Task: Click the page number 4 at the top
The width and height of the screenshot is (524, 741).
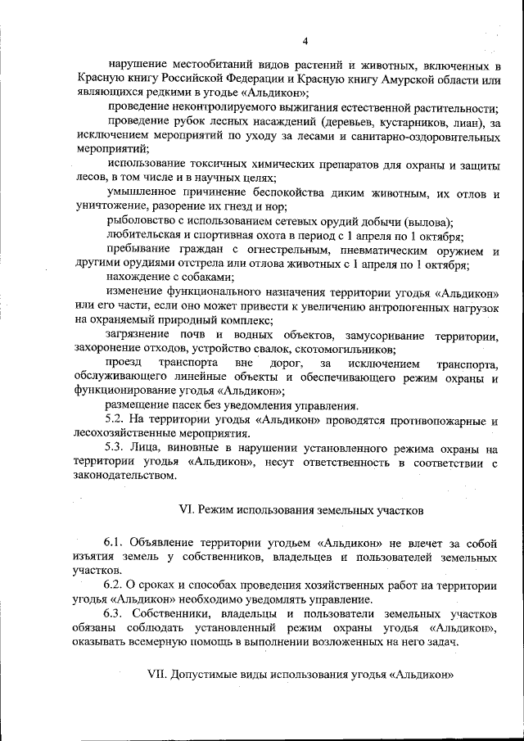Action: point(304,41)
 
